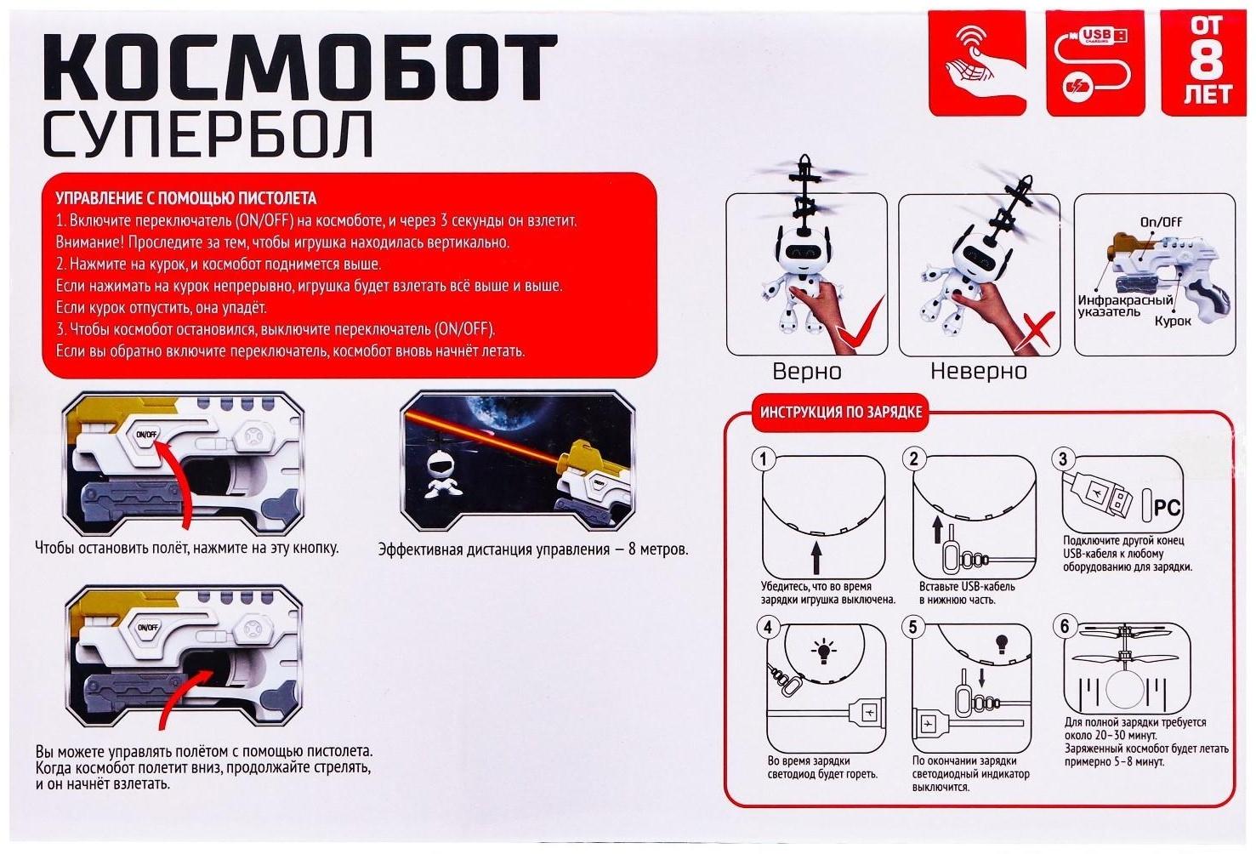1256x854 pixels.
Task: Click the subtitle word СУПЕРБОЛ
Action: pyautogui.click(x=208, y=134)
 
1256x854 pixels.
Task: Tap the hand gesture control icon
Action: pyautogui.click(x=977, y=62)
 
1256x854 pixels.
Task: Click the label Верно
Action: pyautogui.click(x=806, y=372)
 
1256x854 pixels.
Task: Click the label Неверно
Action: pyautogui.click(x=978, y=372)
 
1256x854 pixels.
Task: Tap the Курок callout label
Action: pyautogui.click(x=1173, y=322)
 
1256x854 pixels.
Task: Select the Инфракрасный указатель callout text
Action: pyautogui.click(x=1125, y=306)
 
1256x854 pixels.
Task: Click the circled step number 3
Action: pyautogui.click(x=1061, y=460)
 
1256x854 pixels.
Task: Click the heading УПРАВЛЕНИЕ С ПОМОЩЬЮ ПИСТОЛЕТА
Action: pyautogui.click(x=185, y=199)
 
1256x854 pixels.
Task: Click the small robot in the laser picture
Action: pyautogui.click(x=440, y=475)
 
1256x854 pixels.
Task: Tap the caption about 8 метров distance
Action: pyautogui.click(x=533, y=549)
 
